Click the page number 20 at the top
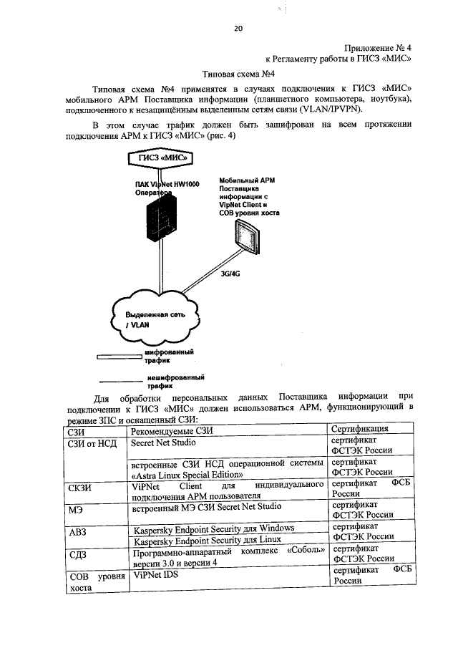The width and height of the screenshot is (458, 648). (238, 29)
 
